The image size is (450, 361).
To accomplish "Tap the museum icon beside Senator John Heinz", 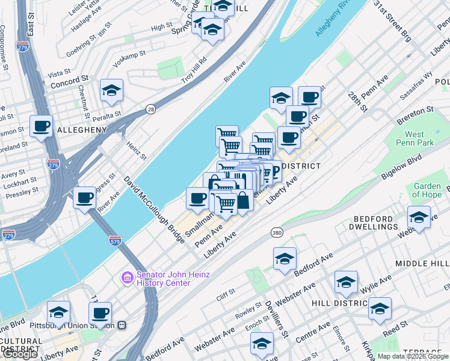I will pos(128,277).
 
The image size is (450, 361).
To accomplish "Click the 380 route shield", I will pos(277,233).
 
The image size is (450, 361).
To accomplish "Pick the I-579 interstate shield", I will pos(116,240).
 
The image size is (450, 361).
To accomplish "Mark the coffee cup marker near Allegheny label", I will pos(41,126).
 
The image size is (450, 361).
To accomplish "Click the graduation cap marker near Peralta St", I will pos(111,90).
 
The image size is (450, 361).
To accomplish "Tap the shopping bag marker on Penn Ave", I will pos(242,200).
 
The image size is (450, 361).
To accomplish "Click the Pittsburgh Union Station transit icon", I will pos(122,326).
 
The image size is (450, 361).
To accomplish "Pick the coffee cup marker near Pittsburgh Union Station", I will pos(100,313).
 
